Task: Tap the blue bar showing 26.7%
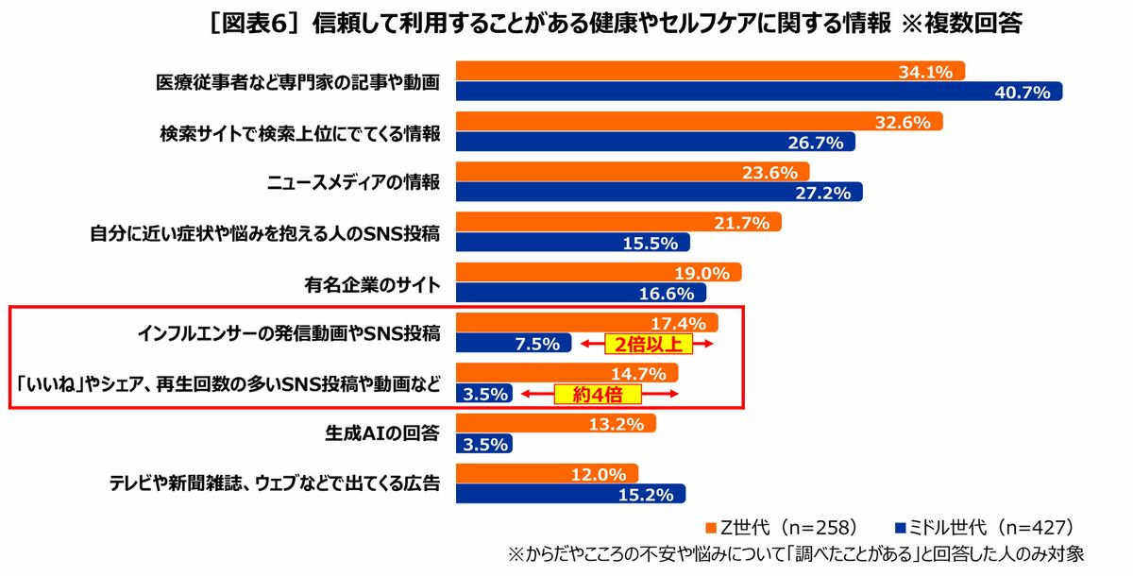(655, 142)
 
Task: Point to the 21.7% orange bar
(618, 223)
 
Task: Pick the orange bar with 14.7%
(566, 374)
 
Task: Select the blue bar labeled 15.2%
(570, 494)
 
